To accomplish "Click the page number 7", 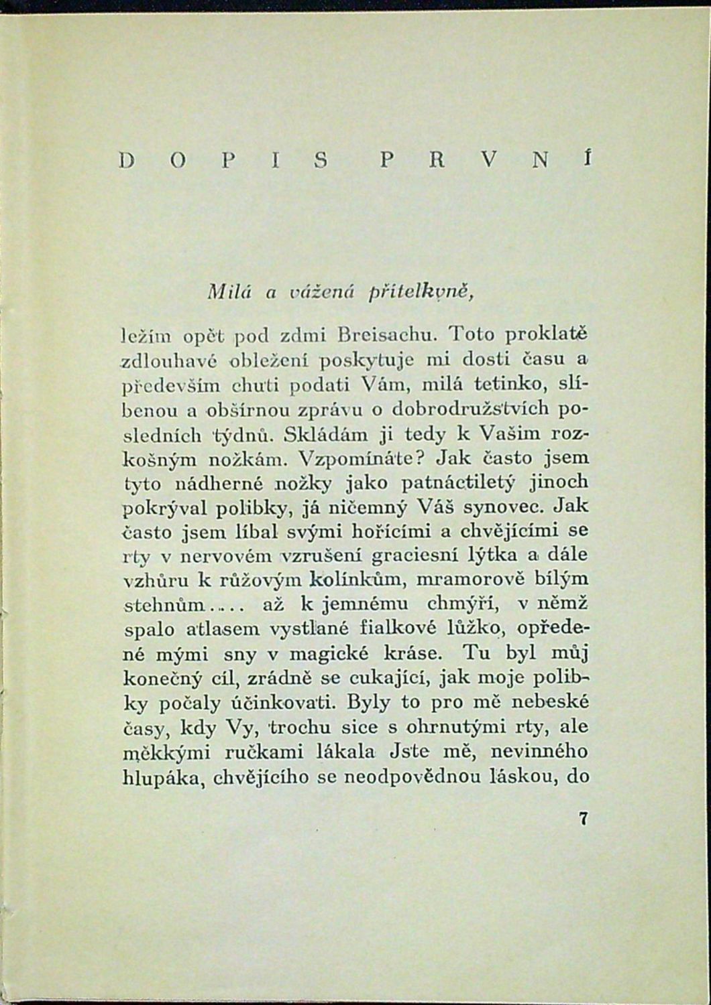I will (x=583, y=819).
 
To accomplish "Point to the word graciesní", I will (x=415, y=555).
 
